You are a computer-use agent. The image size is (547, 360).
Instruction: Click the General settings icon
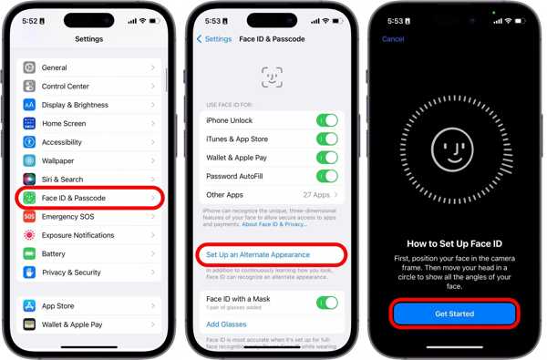click(29, 67)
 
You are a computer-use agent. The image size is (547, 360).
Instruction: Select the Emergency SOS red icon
click(29, 217)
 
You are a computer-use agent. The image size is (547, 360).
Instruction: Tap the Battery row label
click(54, 253)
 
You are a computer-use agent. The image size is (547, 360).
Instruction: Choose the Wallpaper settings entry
click(59, 160)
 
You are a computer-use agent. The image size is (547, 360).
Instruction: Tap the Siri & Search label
click(62, 180)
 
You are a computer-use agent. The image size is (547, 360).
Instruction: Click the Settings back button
click(215, 39)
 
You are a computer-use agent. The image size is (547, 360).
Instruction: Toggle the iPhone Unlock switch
click(326, 120)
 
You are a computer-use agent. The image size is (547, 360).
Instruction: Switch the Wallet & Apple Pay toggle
click(326, 158)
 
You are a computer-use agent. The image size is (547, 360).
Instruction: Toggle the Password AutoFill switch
click(326, 176)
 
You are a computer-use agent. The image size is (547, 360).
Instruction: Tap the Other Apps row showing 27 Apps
click(271, 195)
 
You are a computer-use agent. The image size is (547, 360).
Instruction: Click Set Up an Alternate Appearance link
click(258, 254)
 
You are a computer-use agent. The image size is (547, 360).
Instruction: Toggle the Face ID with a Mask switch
click(326, 303)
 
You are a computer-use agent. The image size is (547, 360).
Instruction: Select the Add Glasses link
click(225, 324)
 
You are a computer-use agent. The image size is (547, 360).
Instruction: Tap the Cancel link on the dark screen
click(393, 39)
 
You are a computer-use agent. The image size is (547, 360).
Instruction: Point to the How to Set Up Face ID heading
click(453, 243)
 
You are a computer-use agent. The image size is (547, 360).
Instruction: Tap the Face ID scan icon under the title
click(272, 77)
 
